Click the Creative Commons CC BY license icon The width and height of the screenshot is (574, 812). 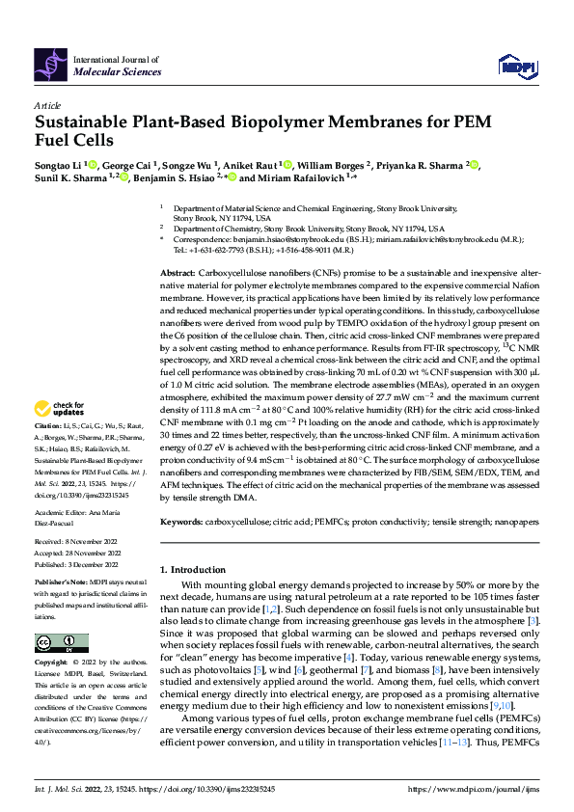tap(61, 643)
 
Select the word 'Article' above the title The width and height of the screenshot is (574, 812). tap(47, 105)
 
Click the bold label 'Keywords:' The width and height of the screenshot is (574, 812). tap(181, 520)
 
